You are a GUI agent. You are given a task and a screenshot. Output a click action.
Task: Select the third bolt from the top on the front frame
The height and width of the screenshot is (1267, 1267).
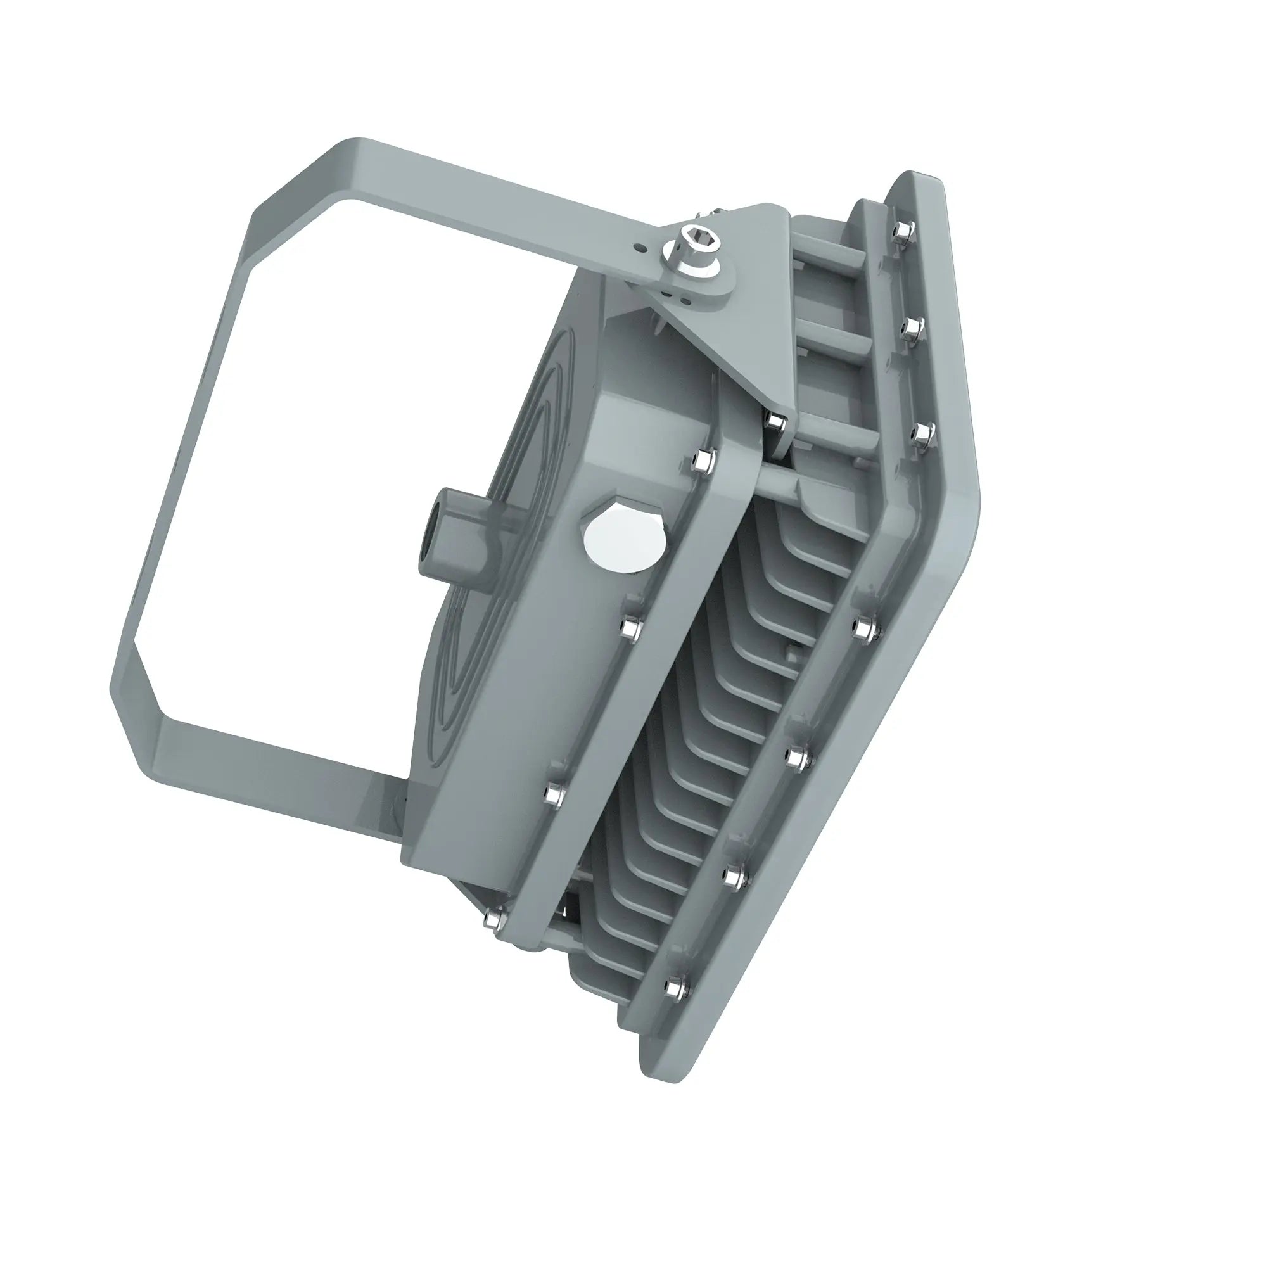(924, 433)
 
